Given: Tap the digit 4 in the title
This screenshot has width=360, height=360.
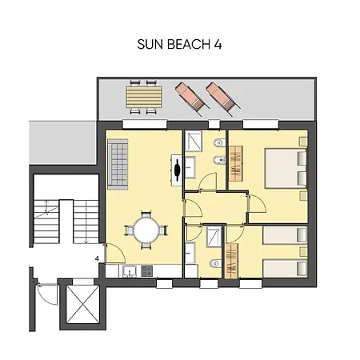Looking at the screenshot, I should point(218,46).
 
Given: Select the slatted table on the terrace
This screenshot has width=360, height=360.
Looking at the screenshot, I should point(143,96).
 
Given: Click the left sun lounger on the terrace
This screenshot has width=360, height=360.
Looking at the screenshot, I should point(187,96).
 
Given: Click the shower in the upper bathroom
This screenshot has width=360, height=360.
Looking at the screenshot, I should point(194,142).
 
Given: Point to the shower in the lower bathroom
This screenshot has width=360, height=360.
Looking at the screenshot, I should point(213,238).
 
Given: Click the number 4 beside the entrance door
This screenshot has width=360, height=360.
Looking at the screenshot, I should point(96,258).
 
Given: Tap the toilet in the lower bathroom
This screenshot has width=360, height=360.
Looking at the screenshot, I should point(211,265).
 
